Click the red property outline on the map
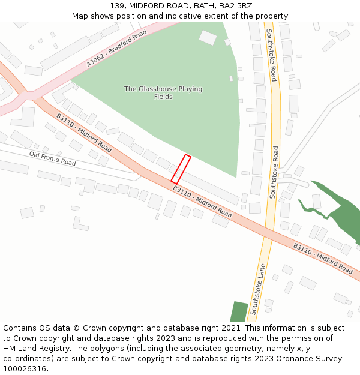coord(181,169)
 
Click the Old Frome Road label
coord(53,159)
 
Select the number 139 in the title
coord(117,6)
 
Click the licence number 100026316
coord(25,368)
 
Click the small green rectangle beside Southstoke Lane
coord(239,311)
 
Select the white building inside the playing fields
coord(208,38)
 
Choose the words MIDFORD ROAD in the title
coord(160,6)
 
